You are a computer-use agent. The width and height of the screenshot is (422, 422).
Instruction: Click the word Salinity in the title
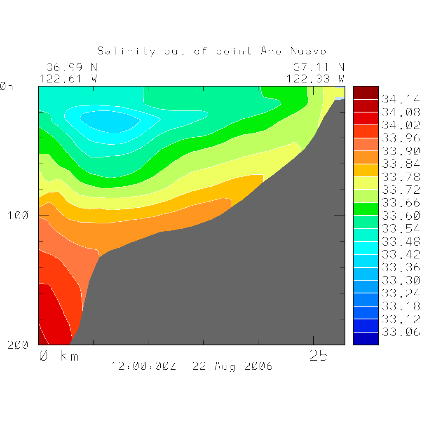(x=127, y=51)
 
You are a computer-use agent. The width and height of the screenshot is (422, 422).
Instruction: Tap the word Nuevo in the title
(x=308, y=51)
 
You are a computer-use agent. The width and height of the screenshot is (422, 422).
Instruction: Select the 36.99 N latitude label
(x=72, y=67)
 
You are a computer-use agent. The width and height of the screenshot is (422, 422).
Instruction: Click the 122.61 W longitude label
(x=68, y=78)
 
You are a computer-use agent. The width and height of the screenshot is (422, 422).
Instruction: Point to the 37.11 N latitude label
(x=319, y=67)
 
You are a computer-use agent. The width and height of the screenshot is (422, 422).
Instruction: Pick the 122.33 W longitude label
(x=316, y=78)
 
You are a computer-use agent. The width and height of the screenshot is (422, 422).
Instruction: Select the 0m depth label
(x=6, y=87)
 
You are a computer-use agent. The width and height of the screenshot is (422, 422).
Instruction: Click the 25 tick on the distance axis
(x=319, y=356)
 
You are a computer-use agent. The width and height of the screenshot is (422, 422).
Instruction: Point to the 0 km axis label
(x=59, y=356)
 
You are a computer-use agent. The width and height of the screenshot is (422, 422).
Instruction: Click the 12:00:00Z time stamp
(x=143, y=366)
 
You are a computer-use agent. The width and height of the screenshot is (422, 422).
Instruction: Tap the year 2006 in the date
(x=258, y=366)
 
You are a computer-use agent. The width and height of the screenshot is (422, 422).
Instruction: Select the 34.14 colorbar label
(x=401, y=99)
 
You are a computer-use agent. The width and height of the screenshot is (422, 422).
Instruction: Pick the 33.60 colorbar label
(x=401, y=216)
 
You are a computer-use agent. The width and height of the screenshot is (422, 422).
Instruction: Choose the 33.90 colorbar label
(x=401, y=151)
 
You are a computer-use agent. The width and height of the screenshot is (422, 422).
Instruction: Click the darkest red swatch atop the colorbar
(x=366, y=93)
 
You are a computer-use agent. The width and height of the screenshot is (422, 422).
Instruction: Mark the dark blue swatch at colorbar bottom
(x=366, y=338)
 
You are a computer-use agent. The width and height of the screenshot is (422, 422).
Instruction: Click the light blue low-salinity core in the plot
(x=109, y=122)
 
